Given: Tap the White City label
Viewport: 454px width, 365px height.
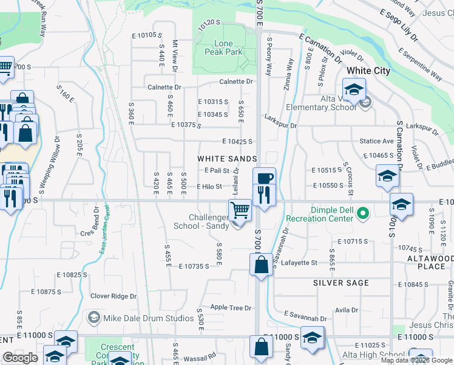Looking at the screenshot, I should [368, 71].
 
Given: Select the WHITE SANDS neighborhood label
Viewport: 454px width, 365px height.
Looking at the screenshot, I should [222, 158].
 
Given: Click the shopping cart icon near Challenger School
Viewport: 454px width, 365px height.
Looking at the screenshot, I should [240, 210].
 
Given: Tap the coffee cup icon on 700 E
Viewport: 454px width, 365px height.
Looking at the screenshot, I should [265, 178].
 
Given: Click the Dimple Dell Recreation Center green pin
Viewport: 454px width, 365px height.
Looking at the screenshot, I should [363, 214].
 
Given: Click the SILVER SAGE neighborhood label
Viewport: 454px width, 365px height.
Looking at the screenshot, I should [341, 283].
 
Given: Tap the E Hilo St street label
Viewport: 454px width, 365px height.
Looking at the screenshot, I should [209, 187].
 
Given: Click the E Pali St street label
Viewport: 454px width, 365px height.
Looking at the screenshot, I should [217, 171].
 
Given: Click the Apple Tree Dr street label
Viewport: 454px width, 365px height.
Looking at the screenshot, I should [231, 308].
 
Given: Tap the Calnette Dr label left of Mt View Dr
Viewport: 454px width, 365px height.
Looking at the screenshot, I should [160, 88].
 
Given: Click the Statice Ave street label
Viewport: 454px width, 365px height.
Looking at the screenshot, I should [377, 141].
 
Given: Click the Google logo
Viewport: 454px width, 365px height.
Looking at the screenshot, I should [20, 358].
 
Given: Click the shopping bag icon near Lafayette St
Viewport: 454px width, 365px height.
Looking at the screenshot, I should [261, 265].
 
